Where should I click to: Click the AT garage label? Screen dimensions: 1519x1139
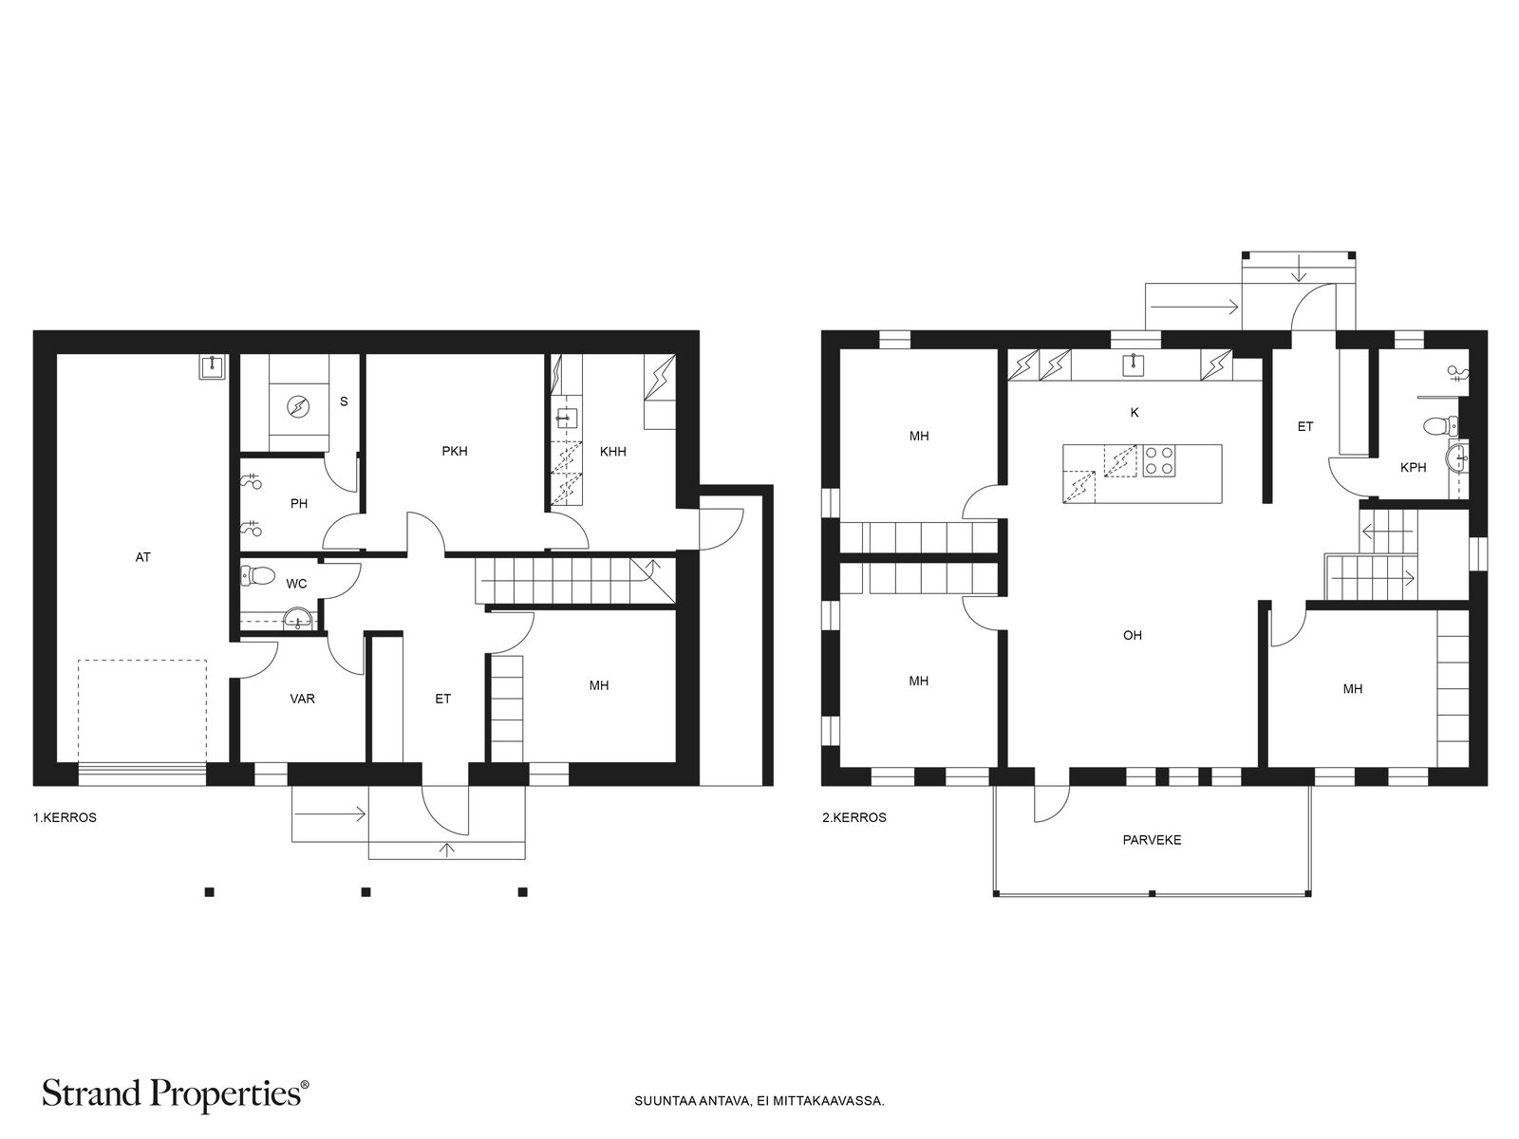[142, 557]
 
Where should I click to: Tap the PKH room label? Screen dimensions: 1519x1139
[455, 452]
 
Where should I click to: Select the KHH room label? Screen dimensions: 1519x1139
[612, 453]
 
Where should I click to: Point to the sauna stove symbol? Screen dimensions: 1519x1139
[298, 406]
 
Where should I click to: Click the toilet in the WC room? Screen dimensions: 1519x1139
[256, 574]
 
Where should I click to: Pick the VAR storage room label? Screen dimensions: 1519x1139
[303, 700]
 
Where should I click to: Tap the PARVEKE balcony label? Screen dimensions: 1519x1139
[1152, 840]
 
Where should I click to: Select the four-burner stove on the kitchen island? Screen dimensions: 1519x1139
[1158, 460]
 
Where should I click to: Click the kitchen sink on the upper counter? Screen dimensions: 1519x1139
[1134, 364]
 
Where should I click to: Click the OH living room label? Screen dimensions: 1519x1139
[1133, 636]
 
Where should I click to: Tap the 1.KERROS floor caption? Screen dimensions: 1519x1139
[65, 817]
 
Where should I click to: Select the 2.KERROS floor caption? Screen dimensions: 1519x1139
[853, 817]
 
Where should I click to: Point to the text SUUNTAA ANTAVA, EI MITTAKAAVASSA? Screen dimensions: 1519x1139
[759, 1101]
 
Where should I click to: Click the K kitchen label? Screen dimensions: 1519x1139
[1135, 413]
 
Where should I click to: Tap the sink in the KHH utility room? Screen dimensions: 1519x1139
[566, 417]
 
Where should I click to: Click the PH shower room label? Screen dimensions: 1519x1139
[299, 504]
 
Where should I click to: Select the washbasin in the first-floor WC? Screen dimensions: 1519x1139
[298, 619]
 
